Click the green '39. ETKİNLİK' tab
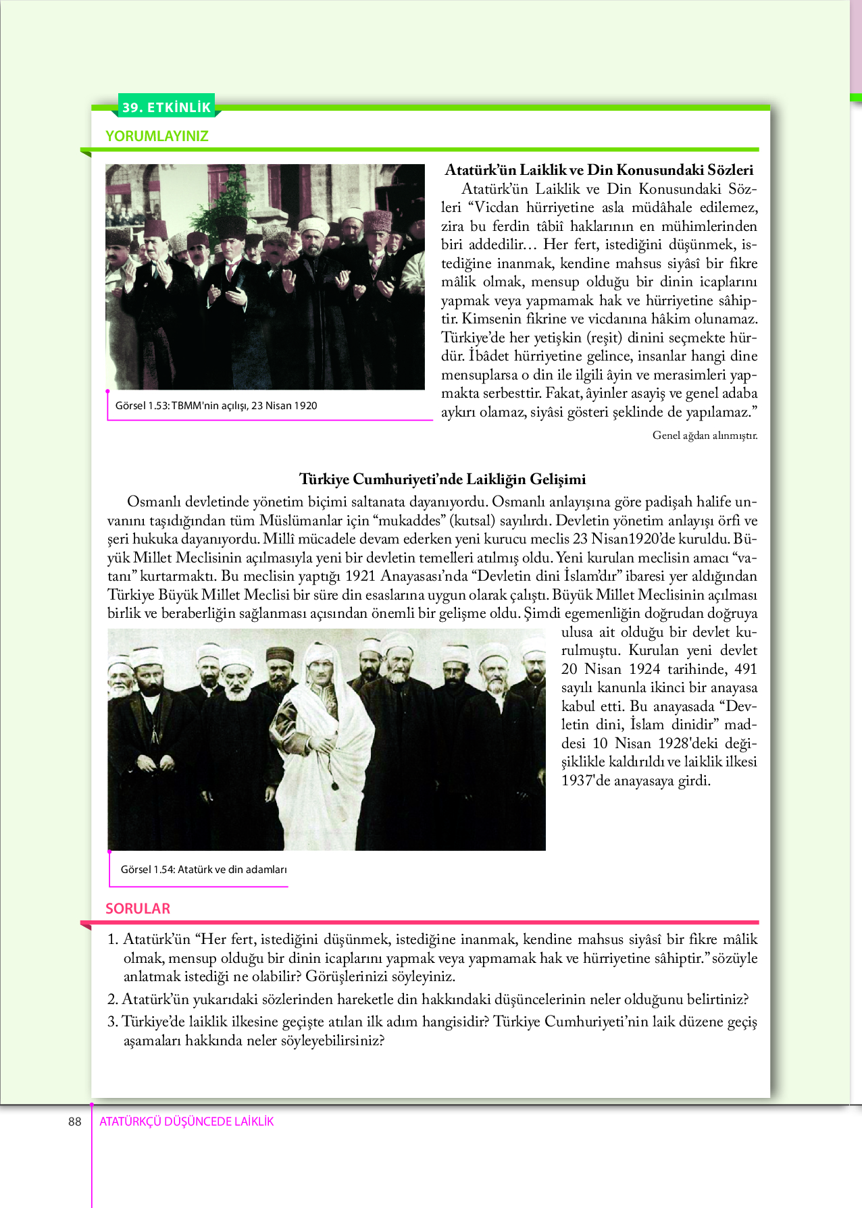coord(166,107)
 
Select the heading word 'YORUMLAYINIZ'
coord(157,136)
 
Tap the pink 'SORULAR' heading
coord(138,908)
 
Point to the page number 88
coord(74,1122)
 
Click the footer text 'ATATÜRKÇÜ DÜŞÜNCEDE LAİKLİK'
coord(186,1122)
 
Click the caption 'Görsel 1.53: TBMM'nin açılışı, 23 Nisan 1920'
coord(216,406)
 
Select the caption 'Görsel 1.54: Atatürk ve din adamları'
coord(203,870)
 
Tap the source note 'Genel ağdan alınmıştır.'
coord(705,436)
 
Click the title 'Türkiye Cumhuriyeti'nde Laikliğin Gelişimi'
coord(442,479)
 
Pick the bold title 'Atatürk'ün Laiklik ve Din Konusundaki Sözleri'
coord(599,170)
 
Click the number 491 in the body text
coord(745,669)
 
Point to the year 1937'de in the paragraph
coord(586,781)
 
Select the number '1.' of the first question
coord(113,939)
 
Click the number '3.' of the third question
coord(113,1022)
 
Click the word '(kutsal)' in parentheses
coord(472,521)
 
